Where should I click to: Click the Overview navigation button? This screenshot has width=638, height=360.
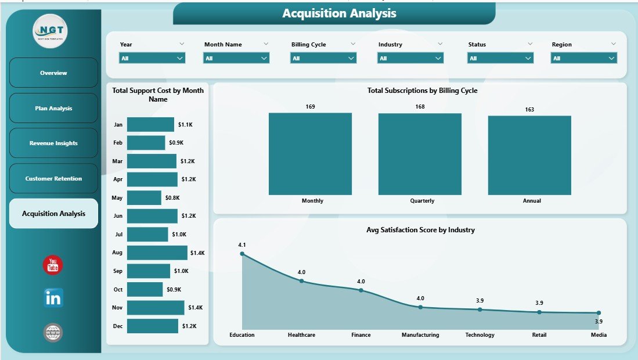coord(53,73)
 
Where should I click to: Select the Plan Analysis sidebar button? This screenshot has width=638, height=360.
coord(53,109)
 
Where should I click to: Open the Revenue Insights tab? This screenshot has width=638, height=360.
coord(53,143)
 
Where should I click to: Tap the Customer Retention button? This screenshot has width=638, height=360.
coord(53,179)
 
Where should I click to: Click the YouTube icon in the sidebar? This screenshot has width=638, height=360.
coord(53,265)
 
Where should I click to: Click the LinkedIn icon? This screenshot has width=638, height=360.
coord(53,298)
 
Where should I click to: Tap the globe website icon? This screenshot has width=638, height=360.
coord(53,333)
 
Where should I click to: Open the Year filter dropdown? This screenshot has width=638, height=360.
coord(152,58)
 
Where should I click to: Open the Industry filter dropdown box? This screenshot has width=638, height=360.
coord(410,58)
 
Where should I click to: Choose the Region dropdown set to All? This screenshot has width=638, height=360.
coord(583,58)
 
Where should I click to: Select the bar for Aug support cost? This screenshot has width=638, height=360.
coord(157,253)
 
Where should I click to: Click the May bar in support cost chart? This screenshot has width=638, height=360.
coord(144,198)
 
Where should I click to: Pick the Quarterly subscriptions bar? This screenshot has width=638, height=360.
coord(420,154)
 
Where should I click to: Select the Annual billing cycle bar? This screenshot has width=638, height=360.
coord(529,155)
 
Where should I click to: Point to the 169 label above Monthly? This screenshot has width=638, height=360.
coord(310,106)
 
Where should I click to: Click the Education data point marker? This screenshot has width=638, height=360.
coord(242,254)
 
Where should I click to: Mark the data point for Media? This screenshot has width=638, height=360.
coord(599,313)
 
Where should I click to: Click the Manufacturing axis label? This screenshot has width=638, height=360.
coord(420,335)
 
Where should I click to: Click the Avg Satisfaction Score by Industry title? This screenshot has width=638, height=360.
coord(420,230)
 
